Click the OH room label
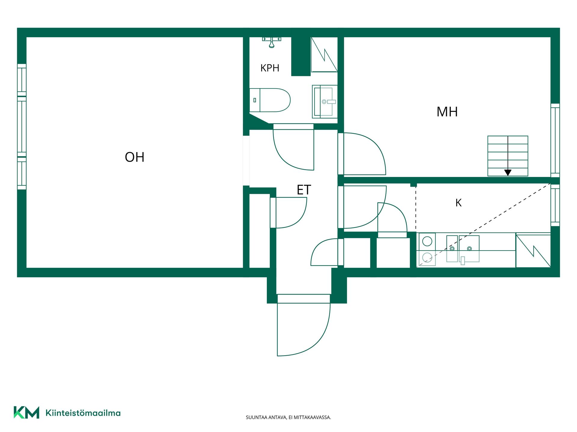pos(135,157)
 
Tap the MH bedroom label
pos(447,112)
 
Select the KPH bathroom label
pos(270,68)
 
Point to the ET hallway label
pos(304,190)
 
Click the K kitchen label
pos(458,203)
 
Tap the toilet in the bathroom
pos(270,100)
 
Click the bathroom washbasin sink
pos(325,101)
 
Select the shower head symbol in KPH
pos(271,42)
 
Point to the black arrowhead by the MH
pos(508,173)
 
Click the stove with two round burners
pos(427,249)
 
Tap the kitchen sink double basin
pos(463,249)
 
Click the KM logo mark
pos(26,412)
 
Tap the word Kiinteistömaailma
pos(83,413)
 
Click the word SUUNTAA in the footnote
pos(255,417)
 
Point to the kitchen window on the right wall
pos(555,205)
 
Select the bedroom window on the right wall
pos(555,140)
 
